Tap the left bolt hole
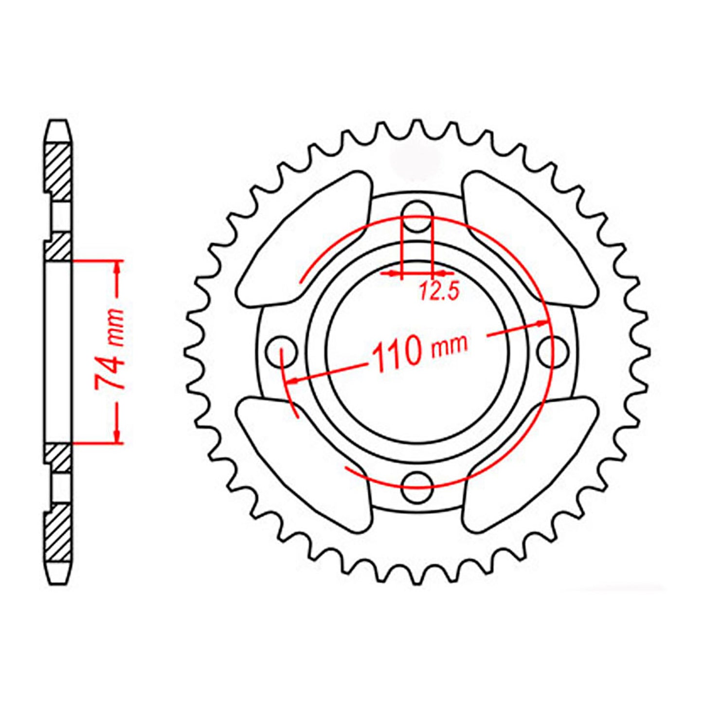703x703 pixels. [x=282, y=350]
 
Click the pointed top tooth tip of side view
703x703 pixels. [x=58, y=122]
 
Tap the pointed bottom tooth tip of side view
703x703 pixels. [x=58, y=582]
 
